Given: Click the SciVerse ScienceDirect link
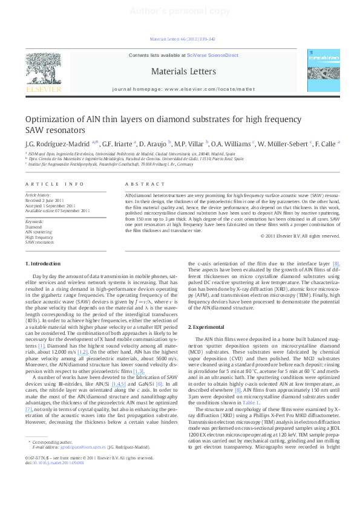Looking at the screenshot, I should (x=212, y=56).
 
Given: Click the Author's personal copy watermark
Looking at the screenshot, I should (x=180, y=11).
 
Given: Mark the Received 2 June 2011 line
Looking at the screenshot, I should (x=45, y=201).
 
